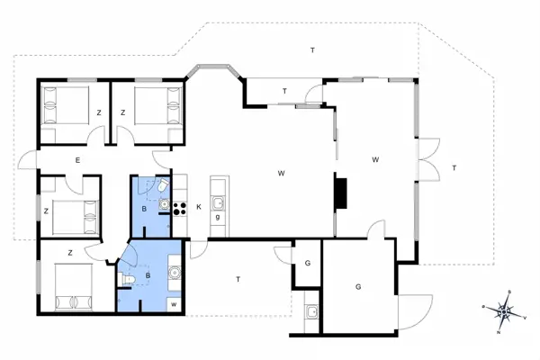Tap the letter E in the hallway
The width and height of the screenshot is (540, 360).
coord(78,161)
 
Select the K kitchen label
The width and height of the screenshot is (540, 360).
coord(199,207)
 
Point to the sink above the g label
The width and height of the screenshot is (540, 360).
coord(217,203)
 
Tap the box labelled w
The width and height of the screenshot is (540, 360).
coord(173,303)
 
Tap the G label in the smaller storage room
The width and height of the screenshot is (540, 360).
coord(308,263)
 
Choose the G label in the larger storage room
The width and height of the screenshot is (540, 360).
coord(357,287)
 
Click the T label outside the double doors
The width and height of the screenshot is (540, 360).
coord(454,168)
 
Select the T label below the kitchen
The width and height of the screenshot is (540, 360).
coord(238,280)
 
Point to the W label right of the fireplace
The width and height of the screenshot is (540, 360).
coord(375,160)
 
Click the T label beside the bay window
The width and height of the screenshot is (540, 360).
coord(284,91)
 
